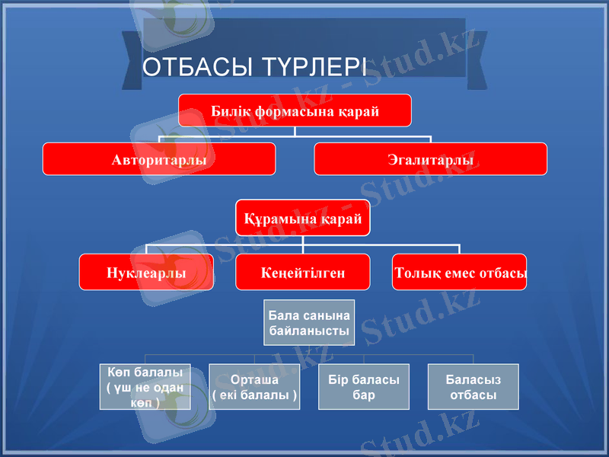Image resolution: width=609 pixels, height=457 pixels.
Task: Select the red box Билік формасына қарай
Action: (295, 110)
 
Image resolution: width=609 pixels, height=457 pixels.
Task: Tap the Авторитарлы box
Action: (158, 159)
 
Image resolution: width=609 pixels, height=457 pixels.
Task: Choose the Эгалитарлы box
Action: (430, 159)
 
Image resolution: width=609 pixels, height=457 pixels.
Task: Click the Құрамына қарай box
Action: (302, 218)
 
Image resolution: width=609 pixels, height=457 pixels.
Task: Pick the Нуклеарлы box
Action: (146, 272)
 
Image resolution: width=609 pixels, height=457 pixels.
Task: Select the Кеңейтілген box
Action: (302, 272)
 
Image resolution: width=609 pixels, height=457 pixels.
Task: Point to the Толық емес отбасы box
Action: (459, 272)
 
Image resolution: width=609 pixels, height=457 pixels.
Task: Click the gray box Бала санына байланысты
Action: (309, 323)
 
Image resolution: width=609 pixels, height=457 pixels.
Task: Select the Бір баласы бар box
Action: (363, 387)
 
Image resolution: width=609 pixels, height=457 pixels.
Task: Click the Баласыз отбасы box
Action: (473, 387)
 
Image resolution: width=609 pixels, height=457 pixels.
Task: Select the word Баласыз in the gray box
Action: (473, 379)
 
